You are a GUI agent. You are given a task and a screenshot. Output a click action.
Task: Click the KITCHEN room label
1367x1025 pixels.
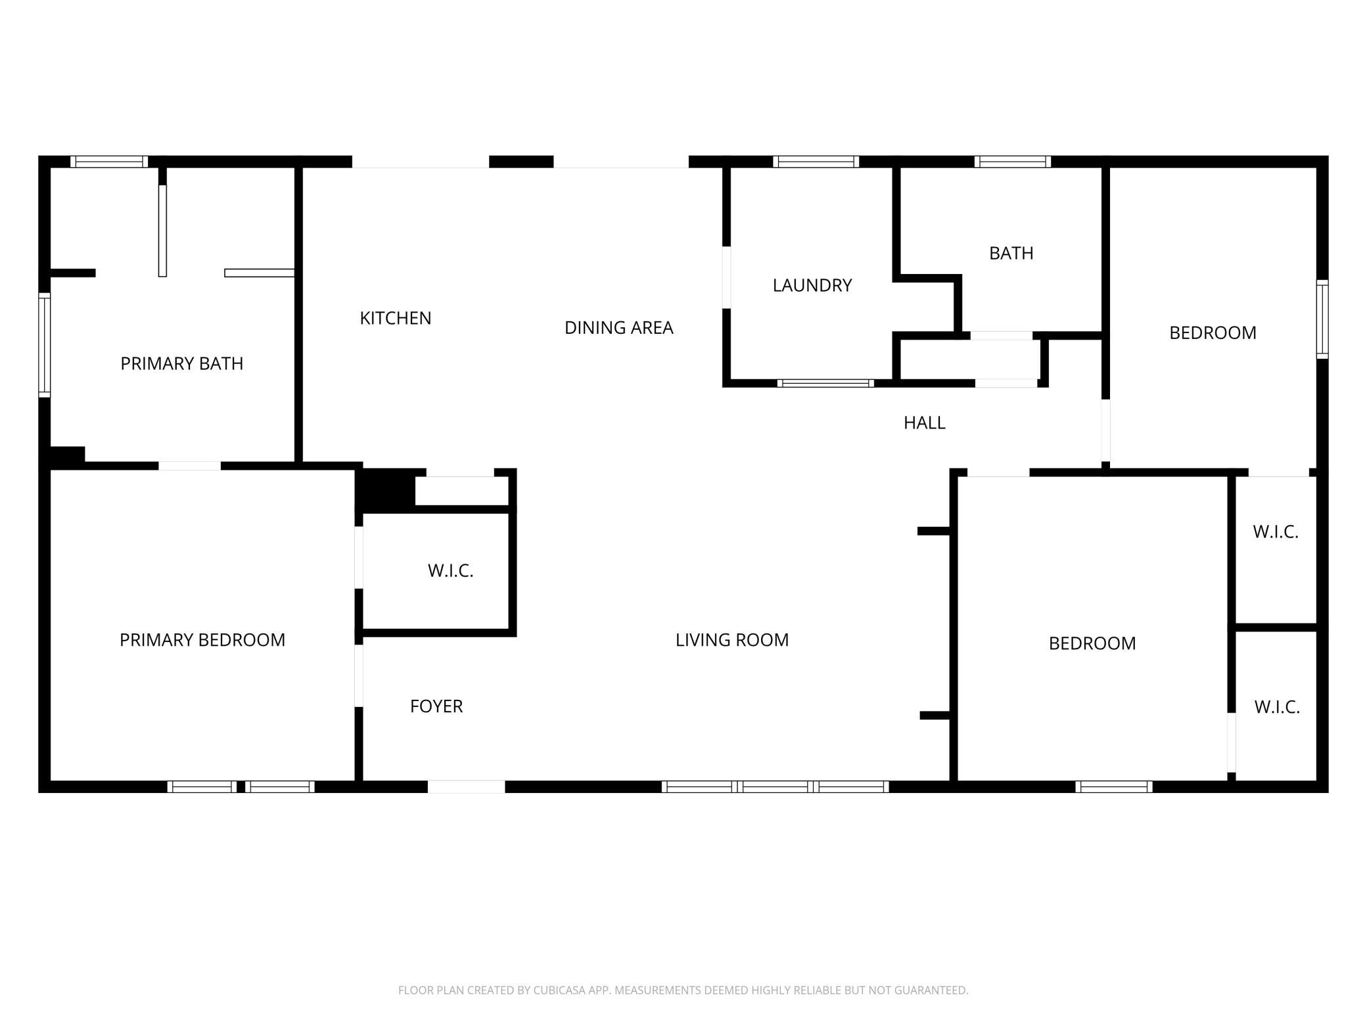[x=396, y=318]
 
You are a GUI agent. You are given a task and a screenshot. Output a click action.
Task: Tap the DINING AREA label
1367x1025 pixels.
[x=618, y=327]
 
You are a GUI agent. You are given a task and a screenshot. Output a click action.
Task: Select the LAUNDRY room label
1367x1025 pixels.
[x=812, y=285]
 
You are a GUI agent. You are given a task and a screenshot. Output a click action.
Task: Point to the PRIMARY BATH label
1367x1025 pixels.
[x=182, y=363]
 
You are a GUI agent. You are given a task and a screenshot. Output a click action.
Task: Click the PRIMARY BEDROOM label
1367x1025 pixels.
[x=202, y=640]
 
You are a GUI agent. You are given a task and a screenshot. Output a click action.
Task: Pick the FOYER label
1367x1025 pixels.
[x=436, y=706]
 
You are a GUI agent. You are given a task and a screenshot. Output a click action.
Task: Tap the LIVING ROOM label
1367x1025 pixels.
[x=732, y=640]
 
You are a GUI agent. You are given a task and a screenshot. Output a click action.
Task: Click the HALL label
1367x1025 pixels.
[x=925, y=422]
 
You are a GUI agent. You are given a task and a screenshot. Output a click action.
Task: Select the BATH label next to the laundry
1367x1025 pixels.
[x=1011, y=253]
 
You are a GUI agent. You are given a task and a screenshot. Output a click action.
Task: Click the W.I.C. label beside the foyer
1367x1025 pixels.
[x=451, y=570]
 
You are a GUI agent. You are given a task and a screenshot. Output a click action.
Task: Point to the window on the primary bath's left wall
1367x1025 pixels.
[x=45, y=345]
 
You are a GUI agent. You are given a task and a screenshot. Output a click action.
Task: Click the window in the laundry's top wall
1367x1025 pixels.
[x=816, y=162]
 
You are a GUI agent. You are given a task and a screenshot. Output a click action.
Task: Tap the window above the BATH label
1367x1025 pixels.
[x=1013, y=162]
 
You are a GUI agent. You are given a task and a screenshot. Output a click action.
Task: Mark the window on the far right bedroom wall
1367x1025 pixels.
[x=1322, y=319]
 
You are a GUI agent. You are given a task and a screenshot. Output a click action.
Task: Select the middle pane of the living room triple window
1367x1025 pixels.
[x=776, y=786]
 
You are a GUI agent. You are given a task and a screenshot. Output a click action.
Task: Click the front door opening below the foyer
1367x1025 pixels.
[x=467, y=786]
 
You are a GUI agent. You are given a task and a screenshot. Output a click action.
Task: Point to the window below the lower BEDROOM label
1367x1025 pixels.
[x=1114, y=786]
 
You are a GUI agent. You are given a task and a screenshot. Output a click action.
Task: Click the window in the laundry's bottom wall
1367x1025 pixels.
[x=825, y=383]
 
